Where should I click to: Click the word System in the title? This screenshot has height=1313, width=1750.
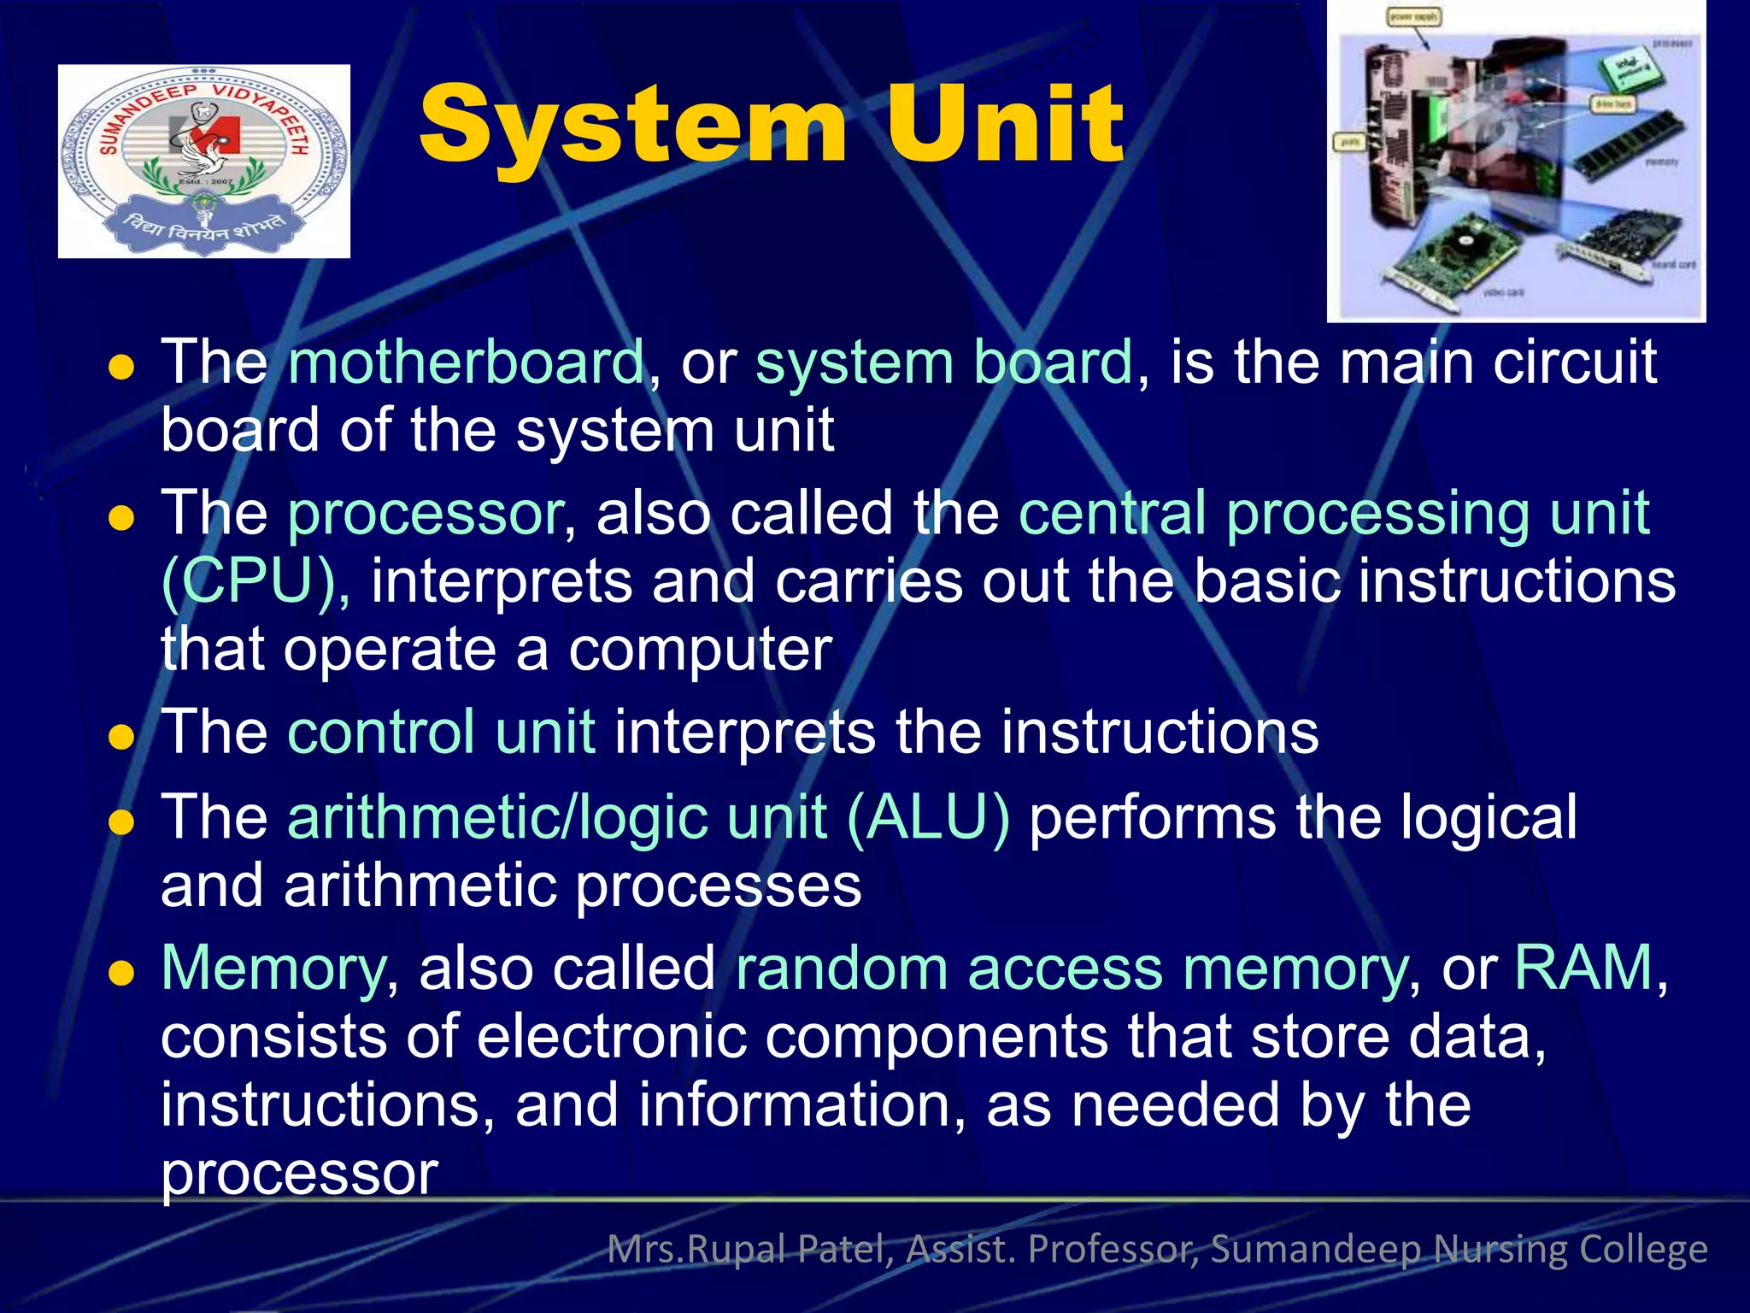coord(632,127)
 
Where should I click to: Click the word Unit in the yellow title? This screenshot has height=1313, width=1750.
coord(1004,127)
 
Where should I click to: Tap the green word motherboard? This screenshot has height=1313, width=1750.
coord(467,362)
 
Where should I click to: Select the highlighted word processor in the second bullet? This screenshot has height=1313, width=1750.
coord(425,514)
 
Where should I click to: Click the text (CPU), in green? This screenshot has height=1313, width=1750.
coord(255,582)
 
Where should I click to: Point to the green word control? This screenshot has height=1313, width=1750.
coord(381,733)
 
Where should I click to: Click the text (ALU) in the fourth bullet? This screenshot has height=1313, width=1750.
coord(928,818)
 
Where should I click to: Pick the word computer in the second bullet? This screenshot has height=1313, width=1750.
coord(700,650)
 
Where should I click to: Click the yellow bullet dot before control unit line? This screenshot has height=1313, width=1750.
coord(122,737)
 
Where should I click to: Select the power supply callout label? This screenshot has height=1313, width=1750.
coord(1413,17)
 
